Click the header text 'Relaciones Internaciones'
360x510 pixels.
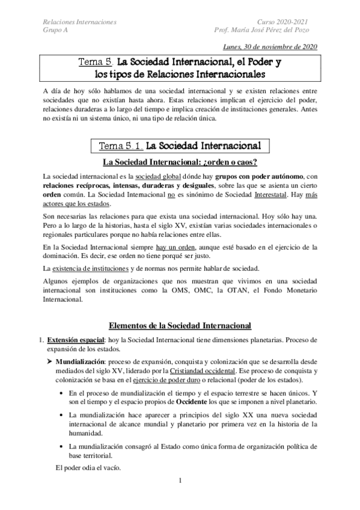point(80,22)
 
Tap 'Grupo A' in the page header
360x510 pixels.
point(56,32)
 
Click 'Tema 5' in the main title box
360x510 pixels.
point(96,61)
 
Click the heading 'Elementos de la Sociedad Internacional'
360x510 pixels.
point(180,325)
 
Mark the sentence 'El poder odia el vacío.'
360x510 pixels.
point(88,466)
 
